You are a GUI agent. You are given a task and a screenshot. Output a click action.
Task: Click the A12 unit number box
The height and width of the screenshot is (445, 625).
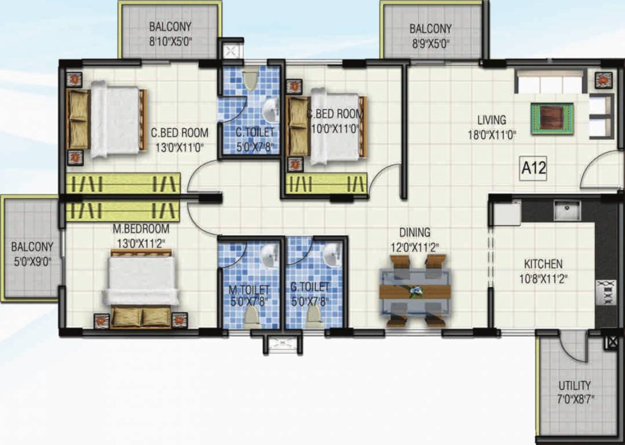tap(533, 169)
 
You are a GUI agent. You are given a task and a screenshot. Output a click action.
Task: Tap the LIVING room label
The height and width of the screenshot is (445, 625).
tap(491, 120)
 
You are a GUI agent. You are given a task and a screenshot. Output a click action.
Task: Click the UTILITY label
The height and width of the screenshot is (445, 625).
tap(575, 385)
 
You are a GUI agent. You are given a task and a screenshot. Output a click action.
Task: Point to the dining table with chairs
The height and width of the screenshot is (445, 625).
tap(415, 291)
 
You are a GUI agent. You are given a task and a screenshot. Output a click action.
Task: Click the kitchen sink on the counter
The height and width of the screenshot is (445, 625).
tap(566, 210)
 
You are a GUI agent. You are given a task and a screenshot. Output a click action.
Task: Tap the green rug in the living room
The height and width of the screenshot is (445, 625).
tap(552, 118)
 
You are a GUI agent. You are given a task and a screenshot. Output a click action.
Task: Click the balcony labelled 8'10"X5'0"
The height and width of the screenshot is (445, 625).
tap(170, 35)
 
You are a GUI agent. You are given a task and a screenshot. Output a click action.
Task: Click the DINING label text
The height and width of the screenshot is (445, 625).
tap(415, 232)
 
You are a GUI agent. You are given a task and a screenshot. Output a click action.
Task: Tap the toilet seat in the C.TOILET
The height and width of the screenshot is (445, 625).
tap(250, 79)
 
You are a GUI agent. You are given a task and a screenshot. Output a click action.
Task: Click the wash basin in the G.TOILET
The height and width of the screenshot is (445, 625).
tap(332, 255)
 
